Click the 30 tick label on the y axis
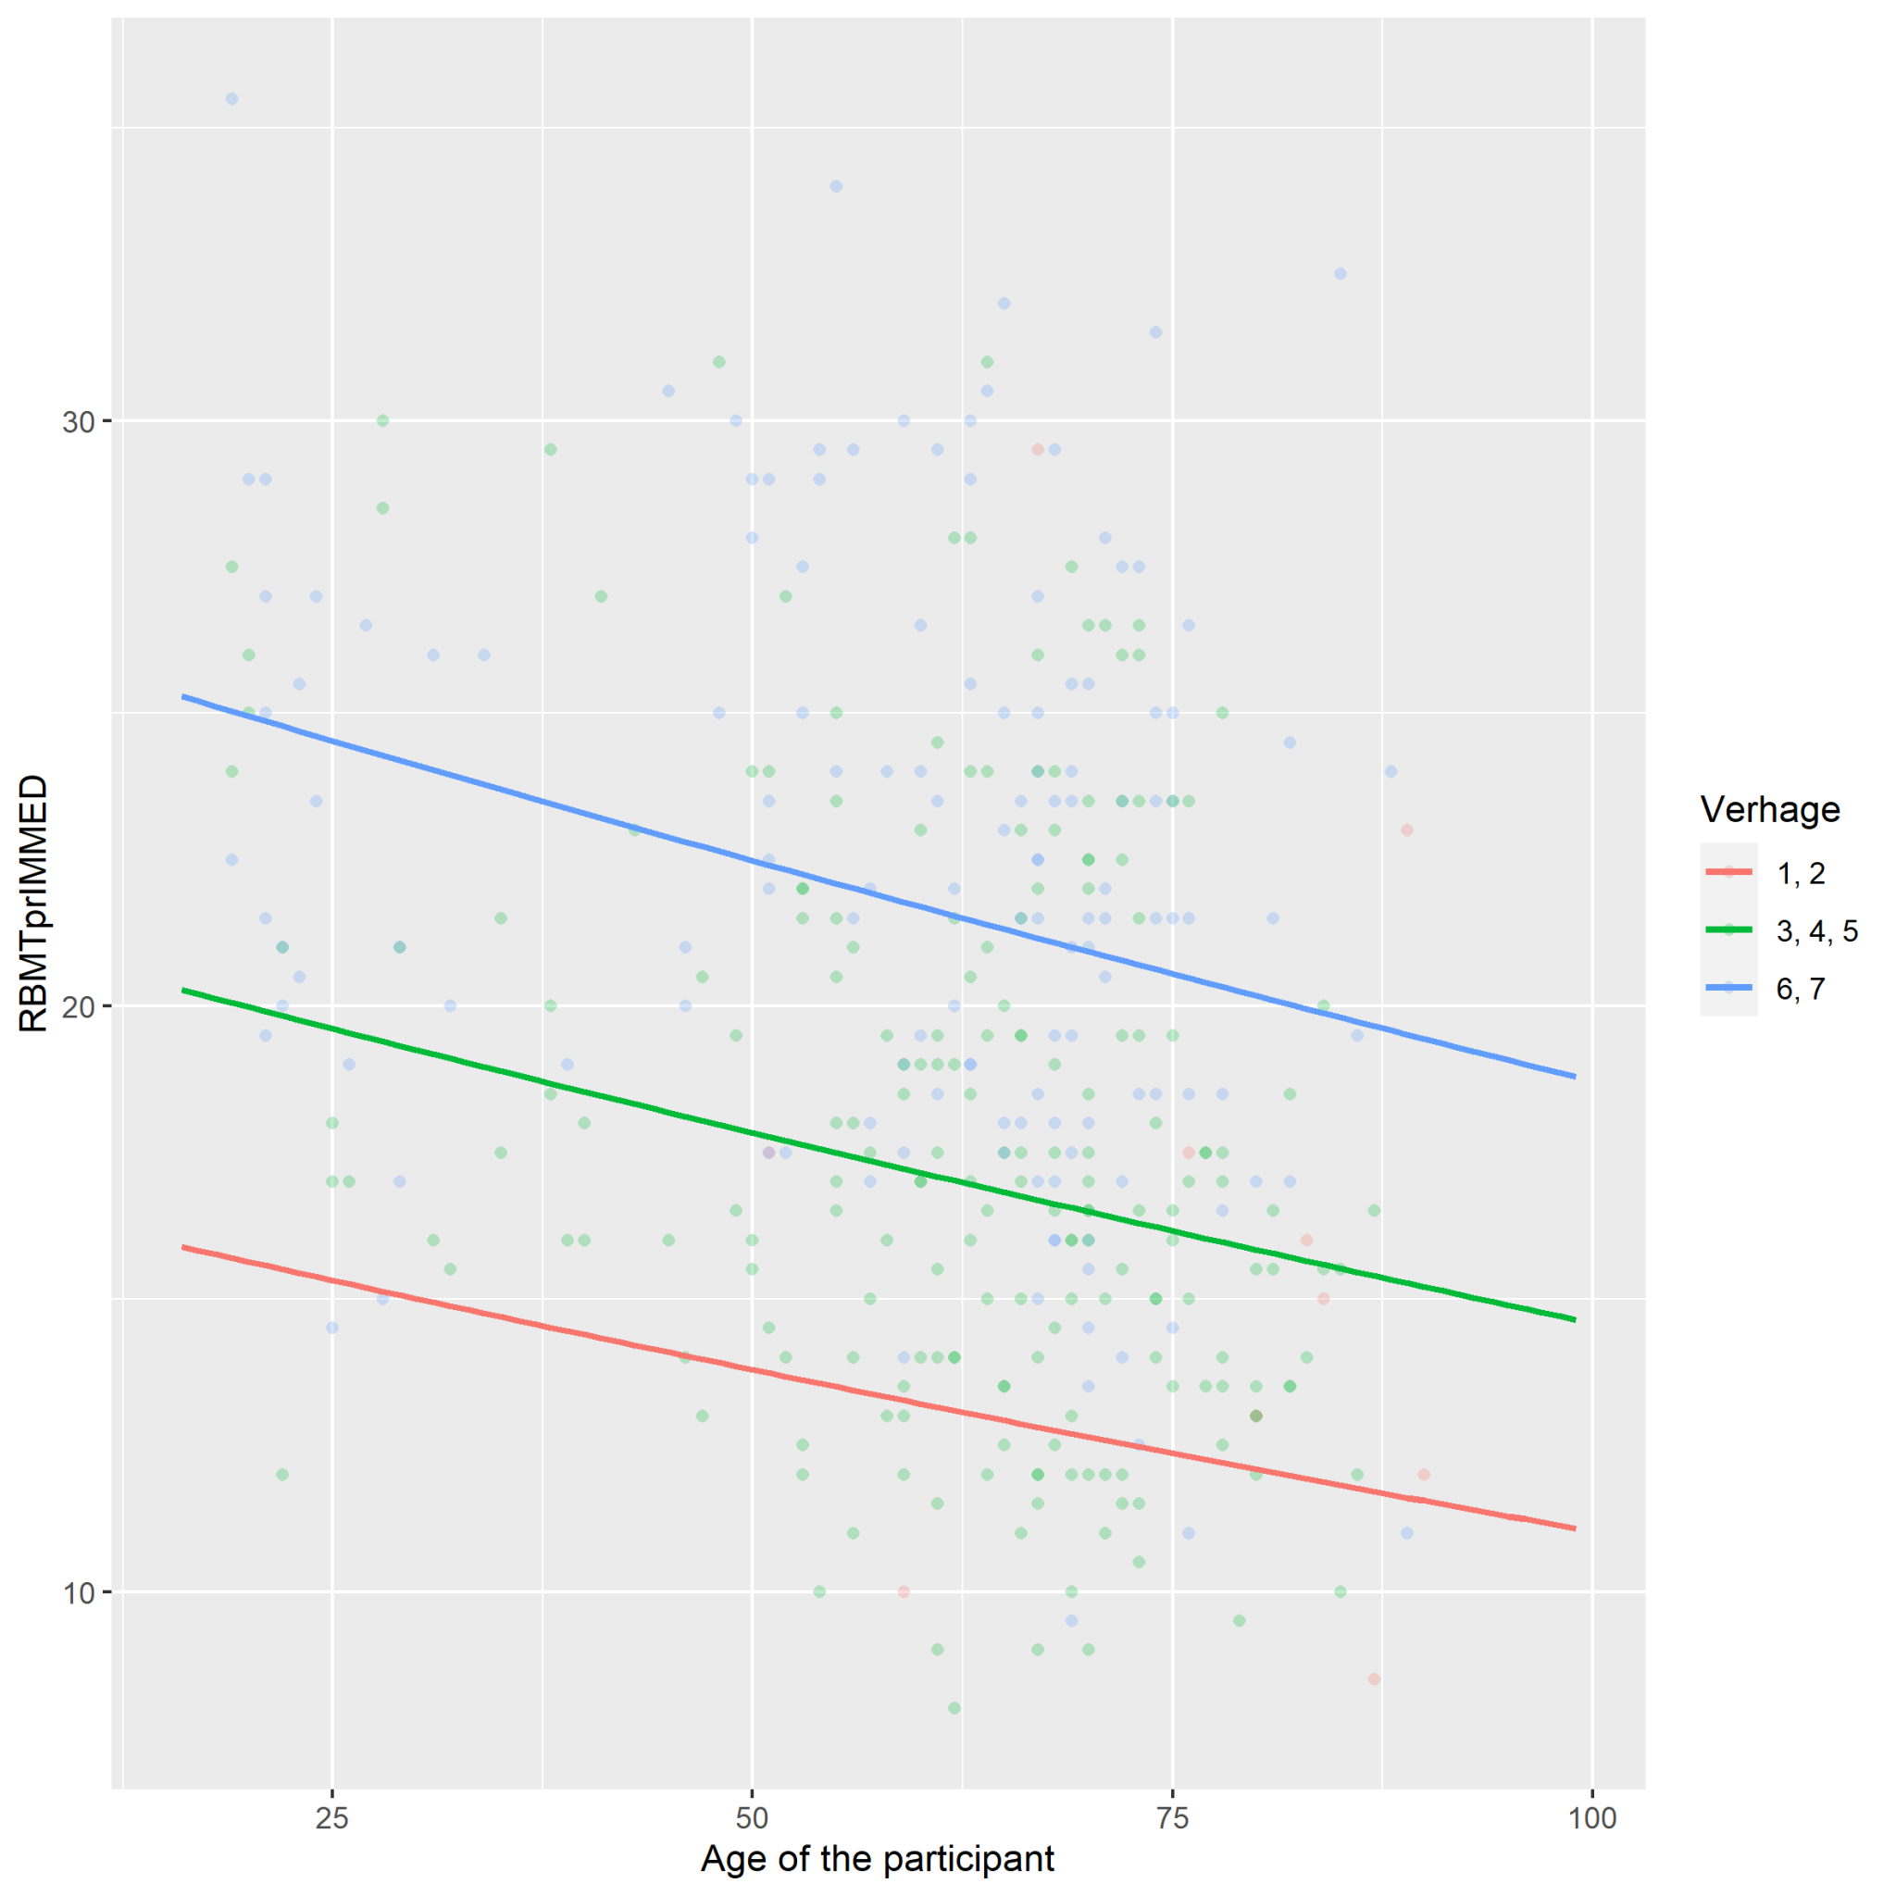click(79, 422)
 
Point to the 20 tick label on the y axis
click(79, 1007)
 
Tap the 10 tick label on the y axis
click(79, 1591)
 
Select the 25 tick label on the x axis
click(331, 1817)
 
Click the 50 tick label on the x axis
click(752, 1817)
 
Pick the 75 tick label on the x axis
click(1173, 1817)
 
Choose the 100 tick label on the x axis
click(1591, 1817)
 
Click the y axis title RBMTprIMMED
click(33, 903)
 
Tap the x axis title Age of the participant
click(878, 1859)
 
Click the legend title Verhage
click(1769, 810)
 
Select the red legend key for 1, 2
click(1729, 871)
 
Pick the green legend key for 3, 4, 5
click(1729, 929)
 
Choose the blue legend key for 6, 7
click(1729, 987)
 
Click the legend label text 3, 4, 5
click(1816, 930)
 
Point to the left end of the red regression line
click(182, 1246)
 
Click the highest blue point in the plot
click(231, 99)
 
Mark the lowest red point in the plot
click(1374, 1679)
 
